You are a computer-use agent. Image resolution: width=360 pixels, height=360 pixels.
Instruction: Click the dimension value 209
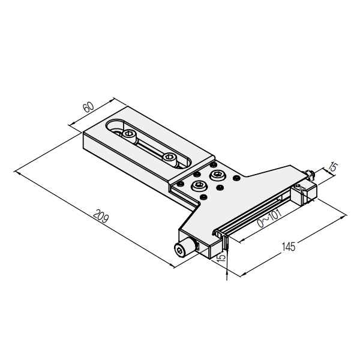coord(101,215)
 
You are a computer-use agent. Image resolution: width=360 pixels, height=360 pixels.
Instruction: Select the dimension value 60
coord(89,107)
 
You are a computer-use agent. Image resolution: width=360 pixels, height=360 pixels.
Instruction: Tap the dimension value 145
coord(289,247)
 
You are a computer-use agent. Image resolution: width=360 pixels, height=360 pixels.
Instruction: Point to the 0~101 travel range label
coord(269,218)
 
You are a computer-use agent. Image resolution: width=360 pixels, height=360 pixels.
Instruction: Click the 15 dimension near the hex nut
coord(333,167)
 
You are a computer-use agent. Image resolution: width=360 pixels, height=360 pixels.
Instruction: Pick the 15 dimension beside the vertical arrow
coord(221,257)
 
